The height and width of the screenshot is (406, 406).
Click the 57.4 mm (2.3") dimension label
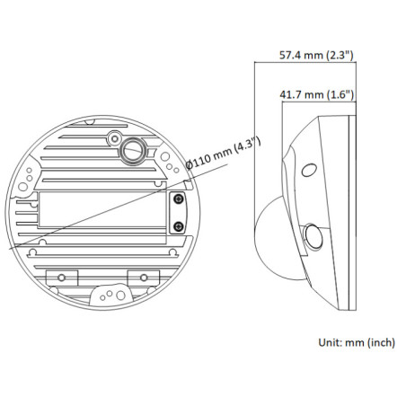tap(314, 56)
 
